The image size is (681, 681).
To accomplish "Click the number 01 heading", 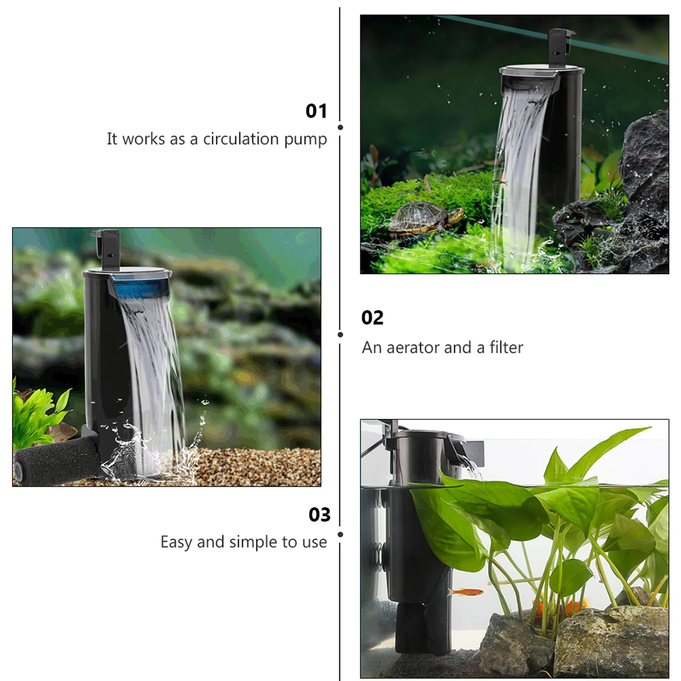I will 316,112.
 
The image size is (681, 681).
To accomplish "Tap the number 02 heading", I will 372,318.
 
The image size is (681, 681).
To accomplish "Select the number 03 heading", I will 320,515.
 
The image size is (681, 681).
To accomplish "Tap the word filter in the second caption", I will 506,348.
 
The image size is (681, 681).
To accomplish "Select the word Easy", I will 176,543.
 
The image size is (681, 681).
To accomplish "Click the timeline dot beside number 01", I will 340,127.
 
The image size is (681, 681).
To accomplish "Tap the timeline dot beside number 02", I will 340,335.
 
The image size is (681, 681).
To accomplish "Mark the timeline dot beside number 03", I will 340,535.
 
